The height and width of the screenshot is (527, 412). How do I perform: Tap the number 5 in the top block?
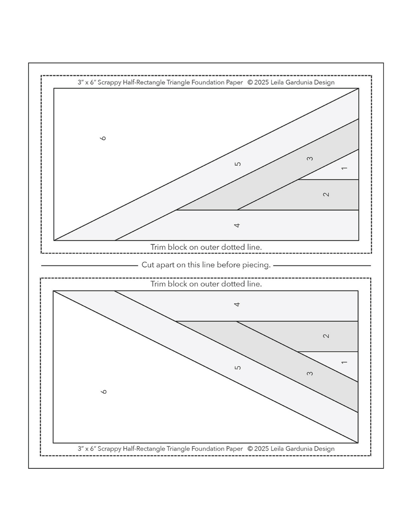238,164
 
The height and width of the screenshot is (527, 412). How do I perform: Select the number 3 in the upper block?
310,159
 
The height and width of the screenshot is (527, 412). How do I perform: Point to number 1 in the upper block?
344,168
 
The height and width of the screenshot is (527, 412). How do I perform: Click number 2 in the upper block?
326,194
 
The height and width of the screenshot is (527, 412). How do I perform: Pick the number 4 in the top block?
237,225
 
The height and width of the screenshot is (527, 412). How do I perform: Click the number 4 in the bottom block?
237,304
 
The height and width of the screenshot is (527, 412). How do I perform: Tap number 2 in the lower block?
326,336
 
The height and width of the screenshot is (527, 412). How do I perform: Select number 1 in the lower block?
344,362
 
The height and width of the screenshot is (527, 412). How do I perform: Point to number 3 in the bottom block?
310,373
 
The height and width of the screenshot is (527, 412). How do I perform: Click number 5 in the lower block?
238,367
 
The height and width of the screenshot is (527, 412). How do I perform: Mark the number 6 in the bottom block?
104,392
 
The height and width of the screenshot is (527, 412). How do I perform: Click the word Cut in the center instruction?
148,265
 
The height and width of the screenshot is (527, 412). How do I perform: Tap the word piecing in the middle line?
256,265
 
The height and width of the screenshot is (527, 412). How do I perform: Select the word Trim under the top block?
158,247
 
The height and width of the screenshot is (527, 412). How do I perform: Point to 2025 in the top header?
262,82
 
